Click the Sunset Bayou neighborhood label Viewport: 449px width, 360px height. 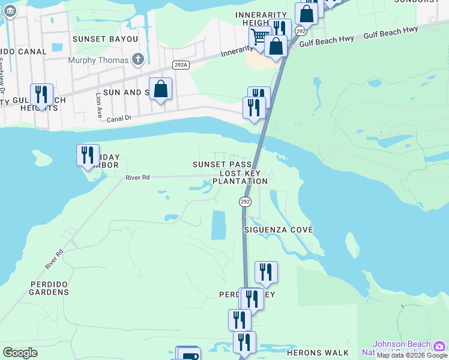[105, 39]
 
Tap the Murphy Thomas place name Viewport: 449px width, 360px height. [98, 60]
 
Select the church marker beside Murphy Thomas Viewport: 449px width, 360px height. [138, 59]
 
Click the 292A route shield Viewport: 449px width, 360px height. [179, 65]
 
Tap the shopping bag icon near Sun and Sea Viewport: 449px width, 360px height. [160, 89]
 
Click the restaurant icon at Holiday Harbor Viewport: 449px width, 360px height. [88, 155]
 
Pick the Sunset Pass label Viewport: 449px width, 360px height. [221, 164]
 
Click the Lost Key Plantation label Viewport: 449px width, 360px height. [240, 177]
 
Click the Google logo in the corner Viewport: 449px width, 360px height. [20, 353]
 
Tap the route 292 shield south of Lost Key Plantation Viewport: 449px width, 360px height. [245, 202]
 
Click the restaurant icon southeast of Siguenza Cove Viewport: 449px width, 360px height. [266, 272]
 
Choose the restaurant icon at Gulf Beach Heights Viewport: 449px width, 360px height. [41, 95]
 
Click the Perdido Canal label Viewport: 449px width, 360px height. [23, 52]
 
